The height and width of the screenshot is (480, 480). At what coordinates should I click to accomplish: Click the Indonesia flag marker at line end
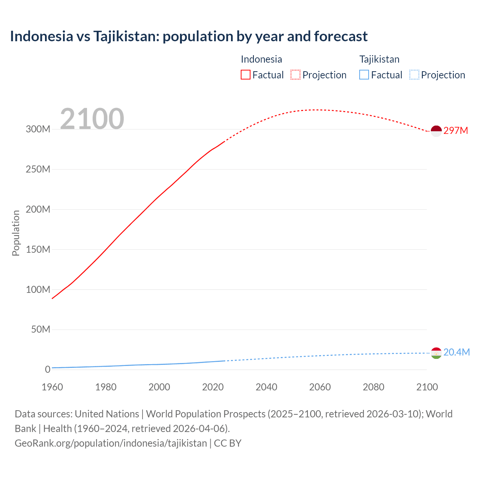tap(436, 131)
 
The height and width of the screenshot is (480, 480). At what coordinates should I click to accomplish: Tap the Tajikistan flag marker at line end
tap(436, 353)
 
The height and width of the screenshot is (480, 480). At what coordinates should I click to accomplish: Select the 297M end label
tap(456, 130)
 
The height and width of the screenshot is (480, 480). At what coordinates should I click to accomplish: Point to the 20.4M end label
tap(456, 352)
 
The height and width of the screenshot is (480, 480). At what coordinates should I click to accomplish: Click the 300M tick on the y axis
tap(38, 129)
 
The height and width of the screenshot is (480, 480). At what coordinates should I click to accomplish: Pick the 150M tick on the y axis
tap(38, 249)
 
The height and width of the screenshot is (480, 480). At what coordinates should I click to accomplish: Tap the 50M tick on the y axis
tap(40, 329)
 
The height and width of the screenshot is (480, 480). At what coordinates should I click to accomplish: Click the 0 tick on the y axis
tap(48, 369)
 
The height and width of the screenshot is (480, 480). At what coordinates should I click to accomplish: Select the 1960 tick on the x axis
tap(52, 387)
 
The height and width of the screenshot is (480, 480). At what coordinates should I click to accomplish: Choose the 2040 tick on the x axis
tap(266, 387)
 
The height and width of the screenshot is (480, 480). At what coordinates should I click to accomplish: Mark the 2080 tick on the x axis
tap(373, 387)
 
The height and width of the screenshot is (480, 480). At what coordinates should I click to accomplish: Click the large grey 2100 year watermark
tap(92, 119)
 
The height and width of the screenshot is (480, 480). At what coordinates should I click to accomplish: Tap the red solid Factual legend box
tap(246, 75)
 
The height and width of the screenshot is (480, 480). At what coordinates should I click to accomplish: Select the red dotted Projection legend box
tap(295, 75)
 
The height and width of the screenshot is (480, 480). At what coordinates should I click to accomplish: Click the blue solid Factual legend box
tap(364, 75)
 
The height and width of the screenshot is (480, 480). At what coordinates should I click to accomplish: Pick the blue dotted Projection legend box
tap(414, 75)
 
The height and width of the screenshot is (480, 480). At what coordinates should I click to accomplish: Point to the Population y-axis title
tap(16, 233)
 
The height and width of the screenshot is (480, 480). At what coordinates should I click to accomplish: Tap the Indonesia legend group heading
tap(261, 59)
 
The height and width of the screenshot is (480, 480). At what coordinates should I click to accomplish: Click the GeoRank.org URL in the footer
tap(111, 443)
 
